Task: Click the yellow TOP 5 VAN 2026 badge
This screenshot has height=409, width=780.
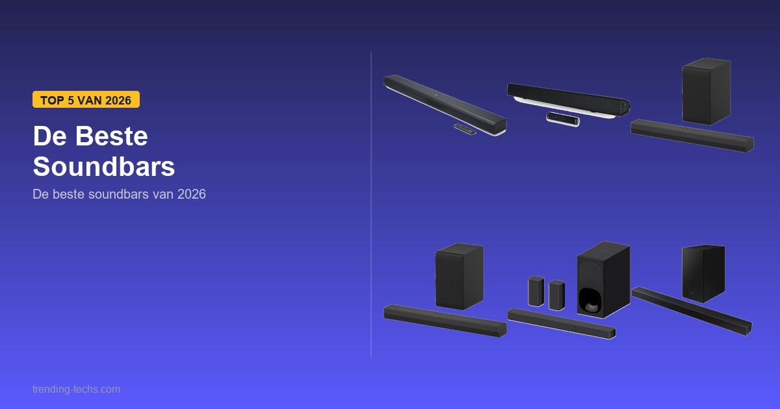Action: (86, 99)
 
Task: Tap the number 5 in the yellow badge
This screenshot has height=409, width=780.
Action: (71, 100)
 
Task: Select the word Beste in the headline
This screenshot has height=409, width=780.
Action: (111, 136)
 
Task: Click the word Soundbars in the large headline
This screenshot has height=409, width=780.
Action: (104, 166)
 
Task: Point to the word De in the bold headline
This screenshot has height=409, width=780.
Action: (50, 136)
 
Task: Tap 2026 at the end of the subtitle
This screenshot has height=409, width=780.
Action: (192, 194)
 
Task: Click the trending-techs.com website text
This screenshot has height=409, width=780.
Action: (76, 389)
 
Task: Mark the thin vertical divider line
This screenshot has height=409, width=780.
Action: (371, 204)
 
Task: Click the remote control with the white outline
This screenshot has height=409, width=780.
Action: (563, 119)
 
